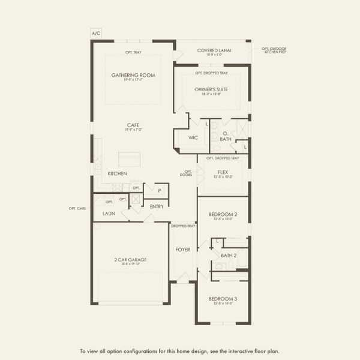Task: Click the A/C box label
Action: pos(96,34)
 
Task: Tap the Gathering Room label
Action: pos(133,76)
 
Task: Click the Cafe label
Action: pos(133,125)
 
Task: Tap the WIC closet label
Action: pos(193,137)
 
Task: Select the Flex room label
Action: pos(223,172)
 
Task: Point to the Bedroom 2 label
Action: pos(223,214)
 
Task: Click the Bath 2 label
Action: pos(229,255)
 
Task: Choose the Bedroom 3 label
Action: pos(223,299)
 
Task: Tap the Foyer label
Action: pos(182,249)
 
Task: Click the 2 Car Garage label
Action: pos(130,260)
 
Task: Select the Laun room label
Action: pos(109,213)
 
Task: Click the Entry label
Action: pos(157,206)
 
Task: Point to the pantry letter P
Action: pos(159,191)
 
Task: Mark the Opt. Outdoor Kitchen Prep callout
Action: pos(275,50)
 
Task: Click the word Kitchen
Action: pos(117,173)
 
